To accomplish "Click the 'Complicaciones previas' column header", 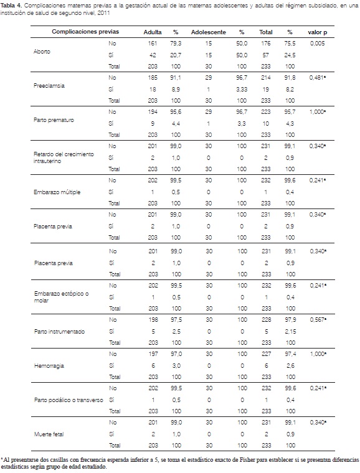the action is [85, 32].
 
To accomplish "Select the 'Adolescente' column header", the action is [208, 32].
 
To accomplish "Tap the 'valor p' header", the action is [318, 32].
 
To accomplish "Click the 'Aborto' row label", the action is [42, 52].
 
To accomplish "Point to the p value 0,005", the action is [318, 44].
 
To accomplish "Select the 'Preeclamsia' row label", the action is [49, 86].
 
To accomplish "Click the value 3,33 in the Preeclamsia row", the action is [242, 89].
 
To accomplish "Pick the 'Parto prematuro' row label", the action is [54, 120].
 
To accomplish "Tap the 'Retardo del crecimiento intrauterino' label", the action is [64, 157].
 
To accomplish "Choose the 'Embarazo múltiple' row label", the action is [57, 192].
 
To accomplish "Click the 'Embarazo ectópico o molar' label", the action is [61, 297].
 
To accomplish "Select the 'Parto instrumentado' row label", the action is [59, 332].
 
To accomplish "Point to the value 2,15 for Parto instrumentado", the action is [291, 332].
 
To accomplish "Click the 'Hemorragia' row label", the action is [49, 366].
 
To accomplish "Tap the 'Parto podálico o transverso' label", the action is [69, 400].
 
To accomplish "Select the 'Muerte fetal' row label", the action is [49, 434].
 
